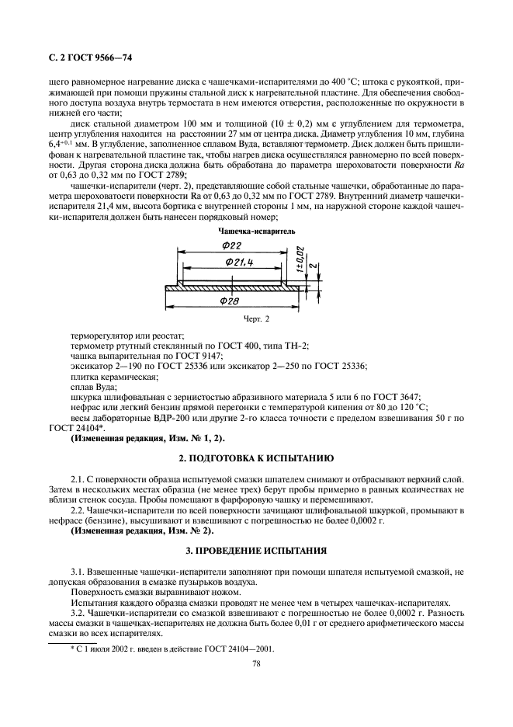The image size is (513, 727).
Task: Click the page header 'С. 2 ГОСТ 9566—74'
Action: point(88,57)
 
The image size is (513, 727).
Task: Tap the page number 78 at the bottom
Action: point(256,663)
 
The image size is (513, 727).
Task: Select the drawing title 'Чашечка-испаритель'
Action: point(256,231)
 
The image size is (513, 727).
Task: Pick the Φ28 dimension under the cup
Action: point(231,301)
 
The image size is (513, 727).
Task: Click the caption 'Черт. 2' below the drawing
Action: point(256,318)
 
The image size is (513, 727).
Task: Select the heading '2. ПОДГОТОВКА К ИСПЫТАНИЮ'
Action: point(256,458)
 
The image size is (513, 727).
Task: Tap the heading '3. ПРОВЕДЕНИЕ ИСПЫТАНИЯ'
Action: point(256,550)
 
